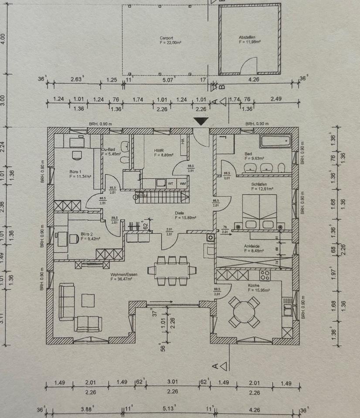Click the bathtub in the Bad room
275,141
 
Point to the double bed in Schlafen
259,212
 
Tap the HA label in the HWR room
183,141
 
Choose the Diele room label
180,213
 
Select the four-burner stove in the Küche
265,275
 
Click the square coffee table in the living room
88,300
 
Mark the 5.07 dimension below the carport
167,80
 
